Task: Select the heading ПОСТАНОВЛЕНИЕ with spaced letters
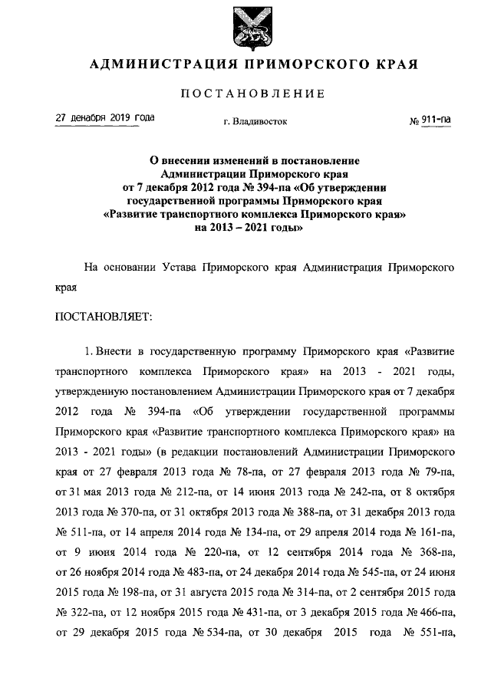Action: tap(253, 94)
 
